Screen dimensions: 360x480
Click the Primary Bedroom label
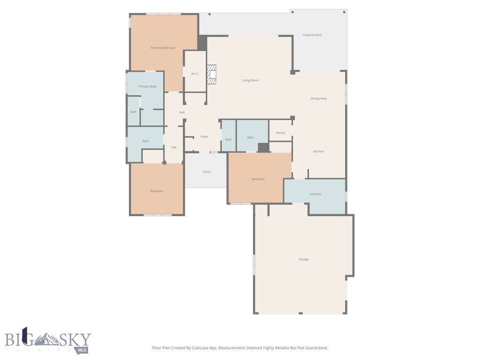point(163,48)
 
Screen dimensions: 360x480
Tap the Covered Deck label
point(312,35)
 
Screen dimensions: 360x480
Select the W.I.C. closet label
point(195,74)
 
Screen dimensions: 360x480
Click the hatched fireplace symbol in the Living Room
point(212,75)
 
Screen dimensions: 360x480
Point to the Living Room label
point(250,81)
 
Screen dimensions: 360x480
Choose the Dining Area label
point(318,98)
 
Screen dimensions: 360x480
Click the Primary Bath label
point(147,87)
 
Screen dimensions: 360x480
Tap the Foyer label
point(204,136)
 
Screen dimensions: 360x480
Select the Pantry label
point(280,133)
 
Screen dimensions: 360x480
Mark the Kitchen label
point(318,151)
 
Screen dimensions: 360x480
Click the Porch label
point(207,172)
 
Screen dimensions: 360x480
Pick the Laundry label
point(315,194)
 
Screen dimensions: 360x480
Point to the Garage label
point(303,259)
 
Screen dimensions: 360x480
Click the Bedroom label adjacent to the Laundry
point(258,179)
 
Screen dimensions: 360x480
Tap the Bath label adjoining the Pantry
point(250,137)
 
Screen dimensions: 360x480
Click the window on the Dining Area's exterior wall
point(346,93)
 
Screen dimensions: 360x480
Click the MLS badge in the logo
point(82,350)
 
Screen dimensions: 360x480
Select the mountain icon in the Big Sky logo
point(47,339)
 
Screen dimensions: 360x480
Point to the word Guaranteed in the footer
point(315,348)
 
